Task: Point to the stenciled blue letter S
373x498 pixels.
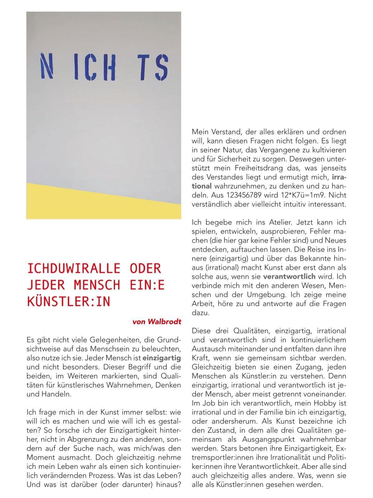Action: [x=162, y=67]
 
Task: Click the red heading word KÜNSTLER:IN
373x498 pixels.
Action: [x=69, y=301]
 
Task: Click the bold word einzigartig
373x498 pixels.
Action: [x=162, y=358]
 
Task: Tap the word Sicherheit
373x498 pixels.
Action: [x=231, y=159]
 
